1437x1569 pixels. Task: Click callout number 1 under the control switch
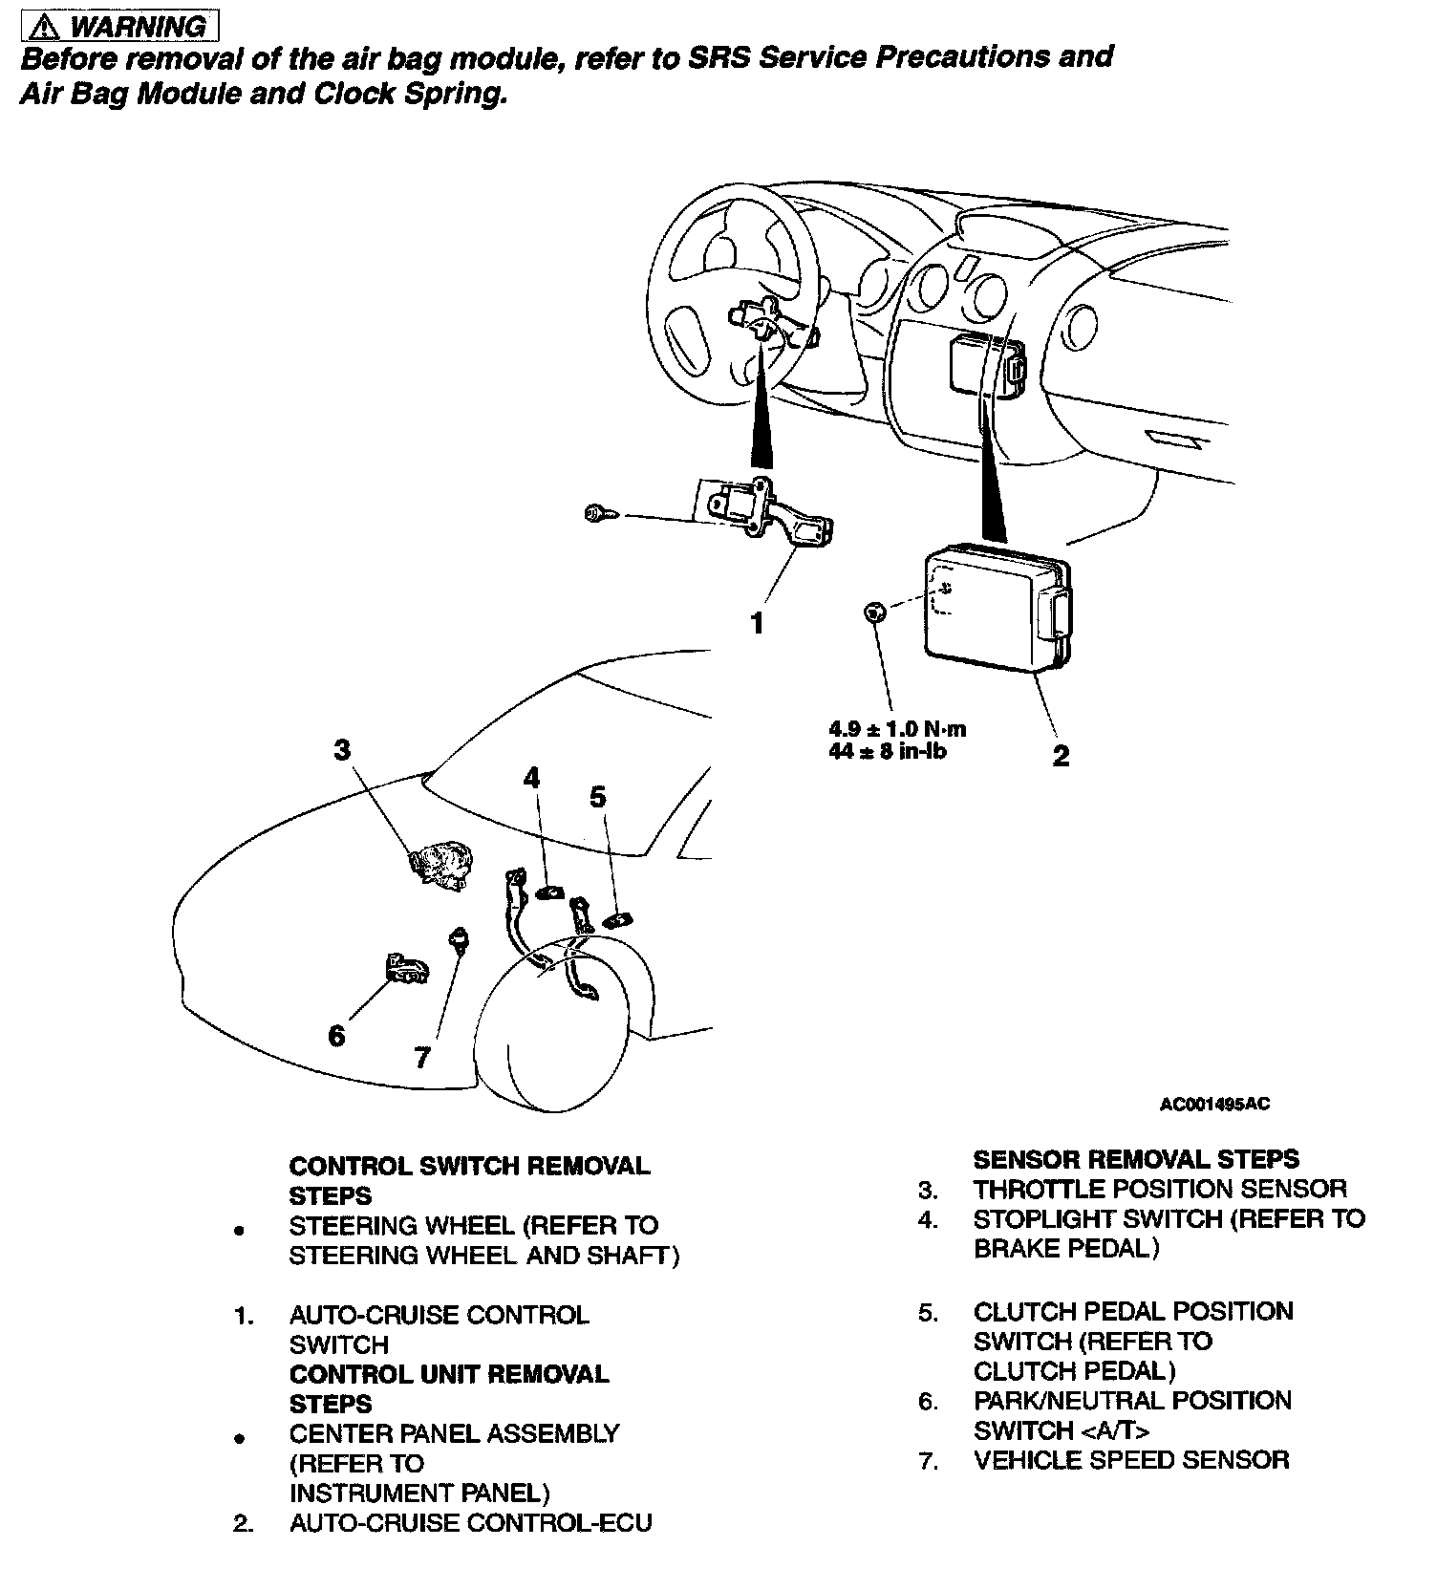pos(757,624)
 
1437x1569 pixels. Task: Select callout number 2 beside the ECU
pos(1061,756)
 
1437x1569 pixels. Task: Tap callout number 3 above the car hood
pos(342,750)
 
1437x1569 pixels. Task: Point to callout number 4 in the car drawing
pos(531,778)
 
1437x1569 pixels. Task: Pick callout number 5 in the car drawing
pos(598,796)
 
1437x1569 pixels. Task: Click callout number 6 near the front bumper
pos(336,1035)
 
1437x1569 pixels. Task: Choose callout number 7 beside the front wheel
pos(422,1058)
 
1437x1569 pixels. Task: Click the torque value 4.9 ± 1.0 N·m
pos(897,728)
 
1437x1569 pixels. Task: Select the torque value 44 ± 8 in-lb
pos(887,751)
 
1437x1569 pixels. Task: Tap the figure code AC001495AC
pos(1214,1105)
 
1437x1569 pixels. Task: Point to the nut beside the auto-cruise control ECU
pos(872,613)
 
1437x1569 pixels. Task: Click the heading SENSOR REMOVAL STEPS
pos(1135,1159)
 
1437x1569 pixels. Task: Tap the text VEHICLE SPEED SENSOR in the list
pos(1131,1460)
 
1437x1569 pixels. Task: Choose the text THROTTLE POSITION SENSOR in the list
pos(1160,1190)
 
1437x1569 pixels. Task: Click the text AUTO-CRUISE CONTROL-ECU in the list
pos(470,1522)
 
